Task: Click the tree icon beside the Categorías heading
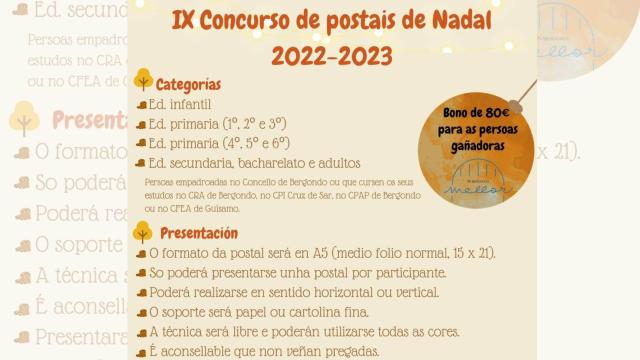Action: coord(143,81)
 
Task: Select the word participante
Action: coord(406,273)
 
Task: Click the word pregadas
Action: coord(346,350)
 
